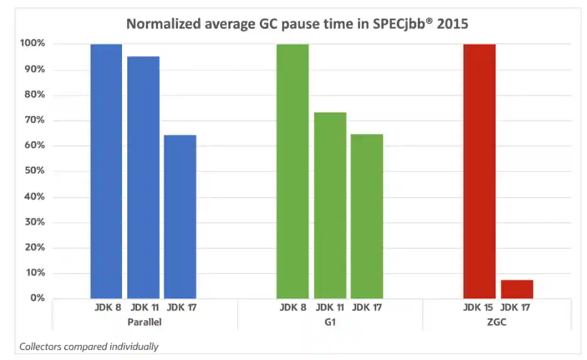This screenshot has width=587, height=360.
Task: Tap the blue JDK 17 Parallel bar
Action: coord(180,217)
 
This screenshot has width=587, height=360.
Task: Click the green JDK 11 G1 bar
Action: coord(330,205)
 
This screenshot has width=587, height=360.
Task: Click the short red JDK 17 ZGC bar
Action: coord(517,289)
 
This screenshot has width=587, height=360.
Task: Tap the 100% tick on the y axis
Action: coord(32,43)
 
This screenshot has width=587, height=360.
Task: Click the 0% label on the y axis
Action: coord(37,298)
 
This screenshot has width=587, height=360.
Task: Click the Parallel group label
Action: coord(143,322)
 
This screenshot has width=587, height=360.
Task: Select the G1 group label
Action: coord(330,322)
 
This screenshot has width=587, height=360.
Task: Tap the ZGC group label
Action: coord(498,322)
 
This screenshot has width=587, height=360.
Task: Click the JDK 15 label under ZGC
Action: coord(479,308)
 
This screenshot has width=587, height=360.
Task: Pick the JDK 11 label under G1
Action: coord(330,308)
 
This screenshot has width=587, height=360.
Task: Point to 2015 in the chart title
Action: coord(454,24)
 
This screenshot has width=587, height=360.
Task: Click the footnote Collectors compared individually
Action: coord(89,346)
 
